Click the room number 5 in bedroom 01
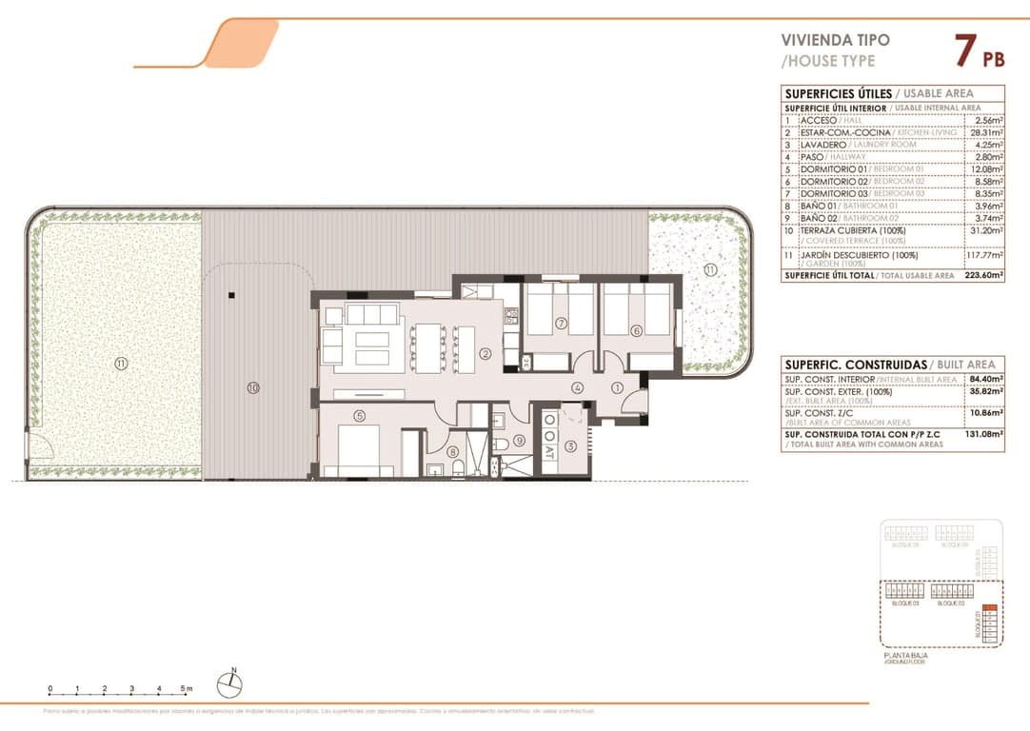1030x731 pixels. [359, 415]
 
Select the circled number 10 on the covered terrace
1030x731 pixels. [252, 387]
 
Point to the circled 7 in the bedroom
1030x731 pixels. [562, 324]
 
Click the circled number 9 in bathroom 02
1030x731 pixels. [519, 440]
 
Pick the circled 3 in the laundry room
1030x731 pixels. [570, 445]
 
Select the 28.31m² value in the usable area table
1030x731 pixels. [984, 132]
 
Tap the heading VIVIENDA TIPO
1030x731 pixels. [835, 40]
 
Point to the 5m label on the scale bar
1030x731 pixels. [188, 687]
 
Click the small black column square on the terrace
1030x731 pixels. [230, 296]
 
